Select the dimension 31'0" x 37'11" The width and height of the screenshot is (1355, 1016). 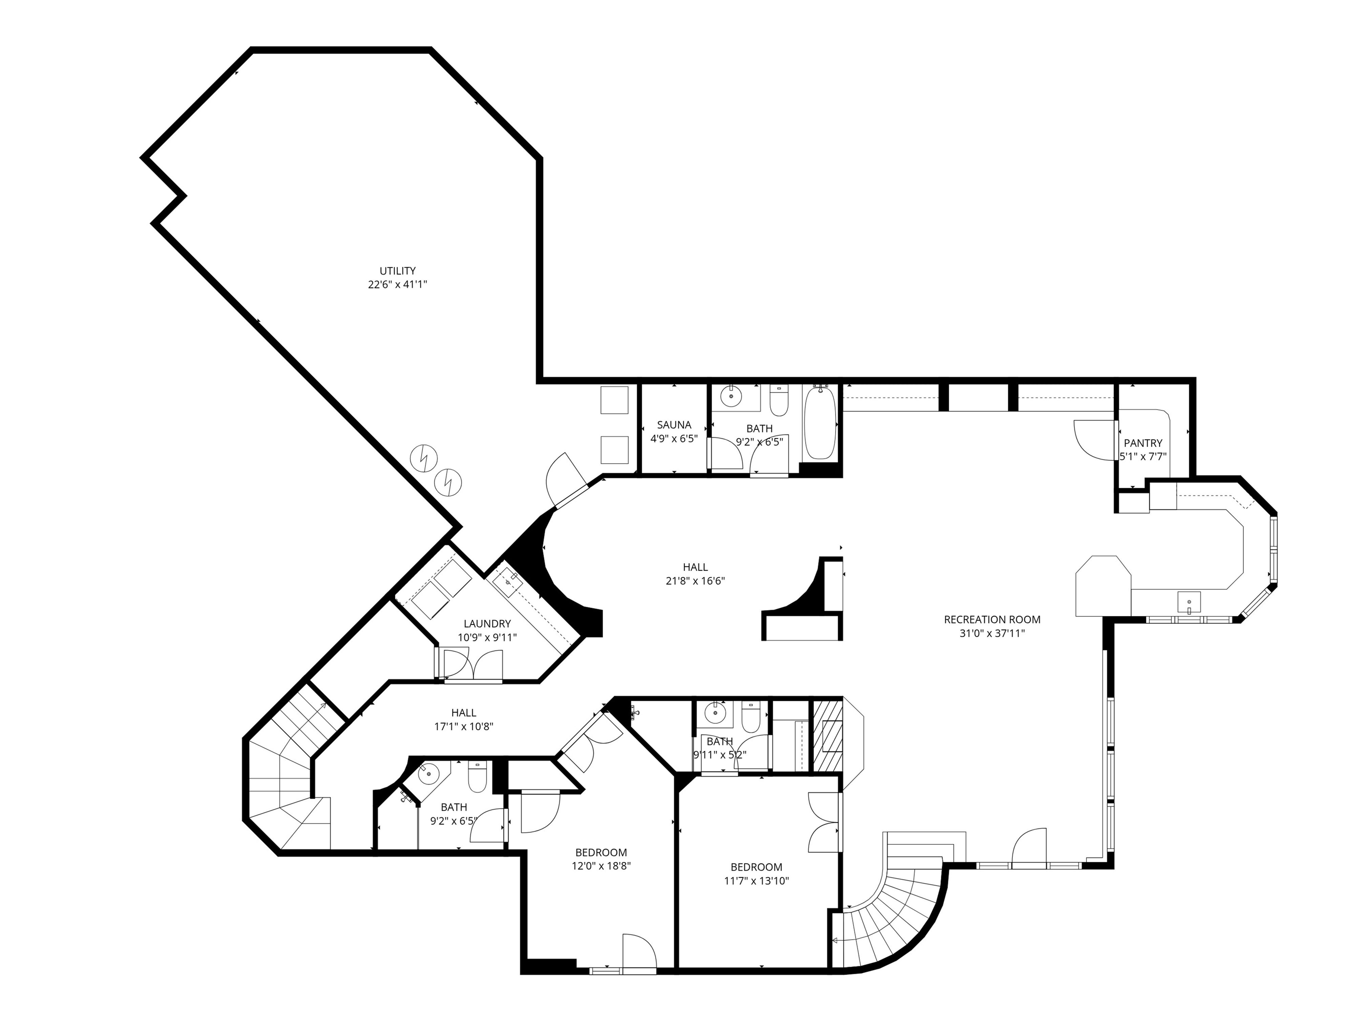coord(992,633)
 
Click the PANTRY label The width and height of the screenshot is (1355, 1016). coord(1143,443)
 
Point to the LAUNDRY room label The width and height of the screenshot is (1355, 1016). coord(487,623)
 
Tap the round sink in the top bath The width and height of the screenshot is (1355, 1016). coord(731,396)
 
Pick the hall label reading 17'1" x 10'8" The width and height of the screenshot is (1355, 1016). coord(464,726)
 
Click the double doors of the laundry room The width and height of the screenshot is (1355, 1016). coord(472,664)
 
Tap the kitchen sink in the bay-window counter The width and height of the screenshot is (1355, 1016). coord(1188,601)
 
